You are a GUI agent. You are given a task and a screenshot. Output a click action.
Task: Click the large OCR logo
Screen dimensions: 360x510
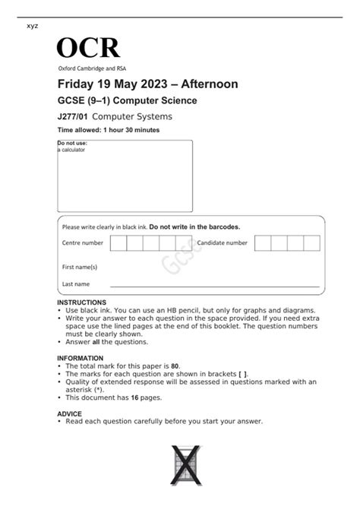[x=88, y=48]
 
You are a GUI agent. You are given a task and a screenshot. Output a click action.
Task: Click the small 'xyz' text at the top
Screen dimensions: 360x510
[x=32, y=26]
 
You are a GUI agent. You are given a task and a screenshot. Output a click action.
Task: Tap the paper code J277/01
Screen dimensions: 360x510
[x=73, y=116]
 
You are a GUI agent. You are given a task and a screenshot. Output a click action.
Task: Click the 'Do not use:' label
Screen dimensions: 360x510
[x=72, y=143]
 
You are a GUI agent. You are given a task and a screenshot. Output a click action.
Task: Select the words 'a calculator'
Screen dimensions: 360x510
[x=72, y=150]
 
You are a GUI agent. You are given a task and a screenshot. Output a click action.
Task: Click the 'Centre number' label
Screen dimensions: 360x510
[x=82, y=242]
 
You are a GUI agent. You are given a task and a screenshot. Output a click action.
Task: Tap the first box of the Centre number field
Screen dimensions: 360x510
[x=118, y=242]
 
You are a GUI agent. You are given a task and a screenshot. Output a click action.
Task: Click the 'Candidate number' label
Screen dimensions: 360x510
[x=223, y=242]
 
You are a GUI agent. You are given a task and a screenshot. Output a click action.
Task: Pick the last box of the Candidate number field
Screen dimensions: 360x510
[x=312, y=242]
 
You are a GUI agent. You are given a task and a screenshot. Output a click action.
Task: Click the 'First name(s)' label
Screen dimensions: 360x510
[x=79, y=267]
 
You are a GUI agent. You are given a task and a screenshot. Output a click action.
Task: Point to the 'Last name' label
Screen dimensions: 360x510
[x=75, y=284]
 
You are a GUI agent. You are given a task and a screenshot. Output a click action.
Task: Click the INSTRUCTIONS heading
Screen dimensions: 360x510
[x=82, y=303]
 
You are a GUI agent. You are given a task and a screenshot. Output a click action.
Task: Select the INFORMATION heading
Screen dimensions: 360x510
[x=81, y=358]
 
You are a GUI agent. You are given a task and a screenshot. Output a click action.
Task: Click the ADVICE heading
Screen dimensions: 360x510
[x=69, y=413]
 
